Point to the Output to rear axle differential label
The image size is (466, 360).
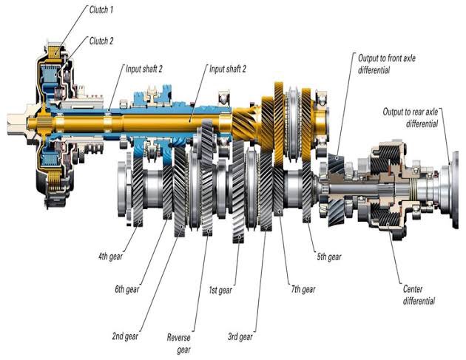[411, 118]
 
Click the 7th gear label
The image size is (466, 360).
[303, 288]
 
